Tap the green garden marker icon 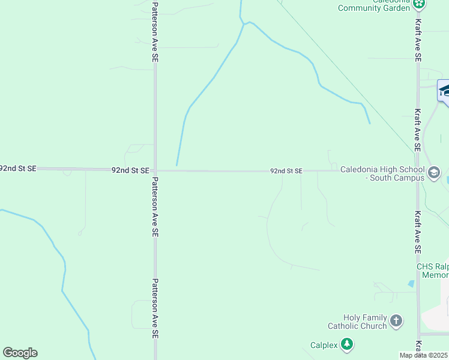coord(419,4)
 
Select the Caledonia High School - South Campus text coord(382,173)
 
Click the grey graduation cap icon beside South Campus coord(433,173)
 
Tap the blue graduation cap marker coord(445,92)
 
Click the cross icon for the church coord(396,321)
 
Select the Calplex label coord(324,345)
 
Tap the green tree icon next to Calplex coord(346,344)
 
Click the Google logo coord(20,353)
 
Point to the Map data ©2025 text coord(424,355)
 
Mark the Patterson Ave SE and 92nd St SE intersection coord(155,170)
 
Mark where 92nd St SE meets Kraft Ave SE coord(418,170)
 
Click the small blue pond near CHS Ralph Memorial coord(411,283)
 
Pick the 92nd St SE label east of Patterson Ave coord(286,171)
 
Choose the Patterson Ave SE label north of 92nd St coord(155,32)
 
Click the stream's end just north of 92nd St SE coord(176,164)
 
